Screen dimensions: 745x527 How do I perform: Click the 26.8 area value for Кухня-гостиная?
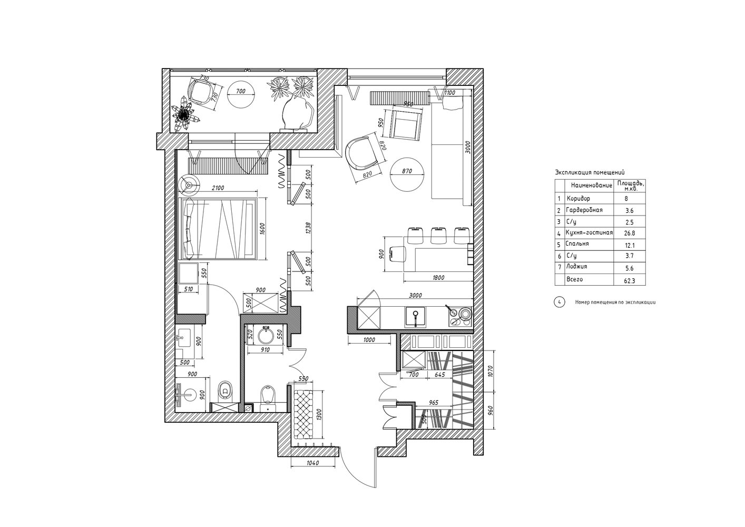630,233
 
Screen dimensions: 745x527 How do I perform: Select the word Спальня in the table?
577,243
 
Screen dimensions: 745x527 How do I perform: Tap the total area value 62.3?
630,281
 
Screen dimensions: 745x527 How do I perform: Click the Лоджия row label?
577,267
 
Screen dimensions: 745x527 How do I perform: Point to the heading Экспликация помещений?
590,172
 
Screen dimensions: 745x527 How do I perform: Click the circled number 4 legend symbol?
560,302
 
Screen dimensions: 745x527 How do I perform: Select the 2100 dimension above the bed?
218,188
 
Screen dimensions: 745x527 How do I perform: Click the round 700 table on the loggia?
241,94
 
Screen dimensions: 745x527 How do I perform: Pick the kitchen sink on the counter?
415,317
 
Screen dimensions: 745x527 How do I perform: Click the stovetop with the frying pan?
460,316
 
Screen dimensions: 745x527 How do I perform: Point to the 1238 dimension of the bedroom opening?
309,228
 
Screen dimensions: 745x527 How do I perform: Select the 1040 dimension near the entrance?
312,463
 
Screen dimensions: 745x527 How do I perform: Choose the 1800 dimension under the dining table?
438,278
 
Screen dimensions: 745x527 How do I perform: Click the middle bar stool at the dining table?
438,235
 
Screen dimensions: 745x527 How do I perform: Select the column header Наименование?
592,186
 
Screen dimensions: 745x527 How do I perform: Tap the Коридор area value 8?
626,199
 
